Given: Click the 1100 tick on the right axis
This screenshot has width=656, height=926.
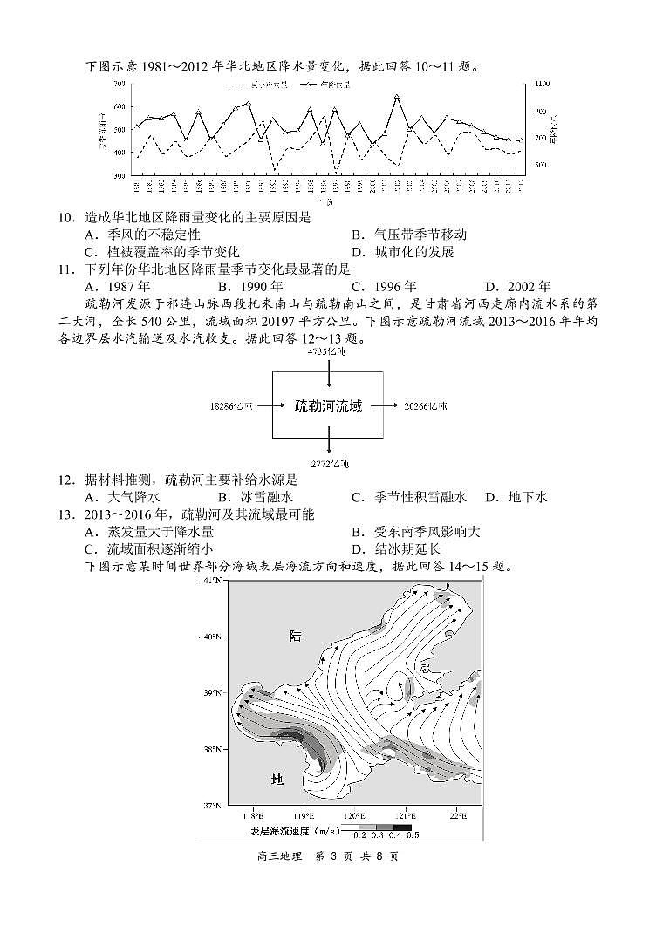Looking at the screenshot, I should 540,84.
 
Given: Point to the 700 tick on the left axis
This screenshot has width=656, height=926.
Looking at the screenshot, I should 119,84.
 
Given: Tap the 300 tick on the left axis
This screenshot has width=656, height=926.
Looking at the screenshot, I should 119,175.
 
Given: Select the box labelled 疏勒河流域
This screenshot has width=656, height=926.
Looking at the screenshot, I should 328,405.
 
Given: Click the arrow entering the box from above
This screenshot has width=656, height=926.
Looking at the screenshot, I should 328,374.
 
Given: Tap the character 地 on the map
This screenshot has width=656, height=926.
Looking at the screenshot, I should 277,779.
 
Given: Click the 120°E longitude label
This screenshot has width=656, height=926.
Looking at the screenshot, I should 353,816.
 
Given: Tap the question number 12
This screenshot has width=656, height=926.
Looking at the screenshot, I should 65,480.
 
